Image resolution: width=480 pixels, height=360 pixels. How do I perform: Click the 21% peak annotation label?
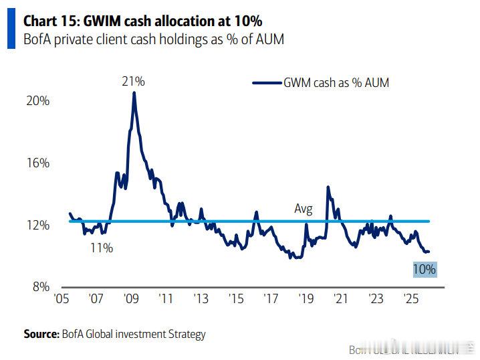(133, 82)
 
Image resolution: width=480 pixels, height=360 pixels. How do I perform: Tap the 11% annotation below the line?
(102, 248)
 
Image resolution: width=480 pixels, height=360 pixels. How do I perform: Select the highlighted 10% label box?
(424, 270)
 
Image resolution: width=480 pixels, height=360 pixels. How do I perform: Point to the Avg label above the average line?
(304, 209)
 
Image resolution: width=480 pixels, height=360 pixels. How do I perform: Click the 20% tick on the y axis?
(38, 100)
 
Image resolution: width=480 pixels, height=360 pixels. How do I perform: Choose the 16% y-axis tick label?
(38, 163)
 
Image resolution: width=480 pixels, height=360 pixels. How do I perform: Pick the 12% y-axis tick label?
(38, 226)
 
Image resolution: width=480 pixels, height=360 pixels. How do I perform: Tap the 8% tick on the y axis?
(41, 288)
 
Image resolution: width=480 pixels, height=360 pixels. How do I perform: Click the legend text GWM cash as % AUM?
(336, 82)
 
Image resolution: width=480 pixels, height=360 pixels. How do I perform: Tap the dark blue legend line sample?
(266, 82)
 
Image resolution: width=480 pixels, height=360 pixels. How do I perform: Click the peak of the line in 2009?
(134, 92)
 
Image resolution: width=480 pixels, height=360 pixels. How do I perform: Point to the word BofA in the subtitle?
(37, 39)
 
